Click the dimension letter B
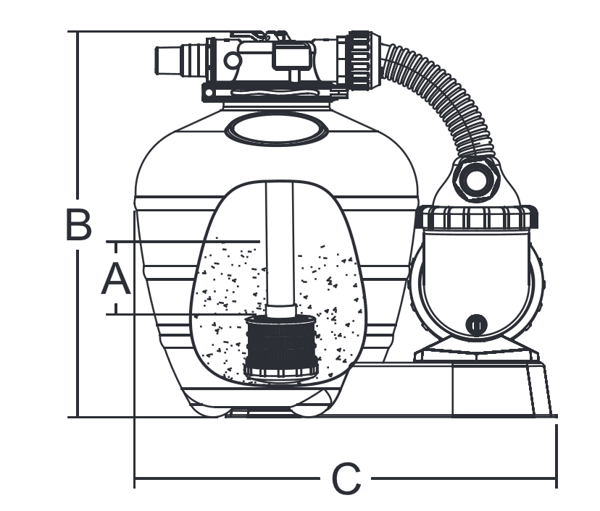pyautogui.click(x=79, y=225)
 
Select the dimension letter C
pyautogui.click(x=346, y=479)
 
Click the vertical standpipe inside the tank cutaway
pyautogui.click(x=280, y=246)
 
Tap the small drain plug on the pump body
pyautogui.click(x=476, y=324)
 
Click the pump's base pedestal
pyautogui.click(x=500, y=387)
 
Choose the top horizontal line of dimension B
pyautogui.click(x=145, y=32)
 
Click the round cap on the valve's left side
pyautogui.click(x=232, y=59)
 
